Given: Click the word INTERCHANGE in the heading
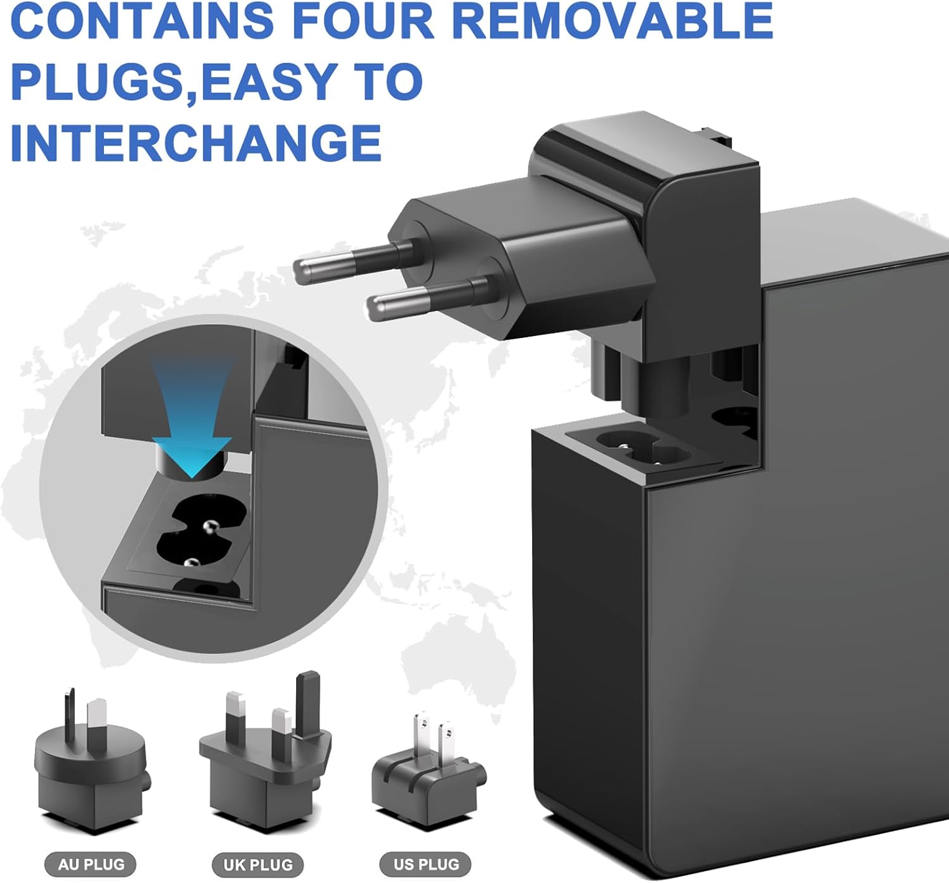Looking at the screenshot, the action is (196, 142).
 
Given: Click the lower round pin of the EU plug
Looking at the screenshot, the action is (427, 299).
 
